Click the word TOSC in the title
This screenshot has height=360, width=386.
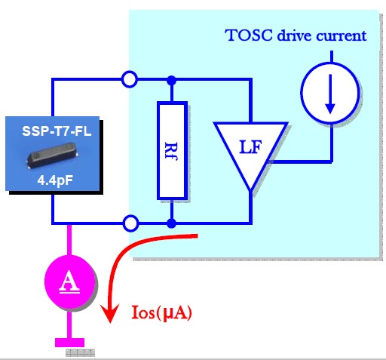(x=249, y=35)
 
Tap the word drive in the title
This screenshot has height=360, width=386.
(x=294, y=35)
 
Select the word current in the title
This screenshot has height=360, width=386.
(x=342, y=35)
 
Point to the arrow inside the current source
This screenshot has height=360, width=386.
(x=330, y=94)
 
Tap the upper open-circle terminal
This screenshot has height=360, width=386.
(x=130, y=79)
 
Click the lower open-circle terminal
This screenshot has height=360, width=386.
(x=130, y=223)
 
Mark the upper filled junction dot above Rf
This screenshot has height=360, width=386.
(x=172, y=80)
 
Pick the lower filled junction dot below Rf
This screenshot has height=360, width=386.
(x=172, y=223)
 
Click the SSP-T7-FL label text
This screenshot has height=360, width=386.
(x=57, y=131)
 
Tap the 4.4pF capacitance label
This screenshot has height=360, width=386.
(x=55, y=180)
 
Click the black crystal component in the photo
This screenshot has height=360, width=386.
(x=52, y=155)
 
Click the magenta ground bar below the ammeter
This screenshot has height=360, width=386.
(x=69, y=343)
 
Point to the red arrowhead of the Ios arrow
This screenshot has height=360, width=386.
(x=110, y=313)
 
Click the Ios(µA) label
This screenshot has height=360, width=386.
(x=161, y=312)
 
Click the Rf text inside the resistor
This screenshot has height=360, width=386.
(x=171, y=151)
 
